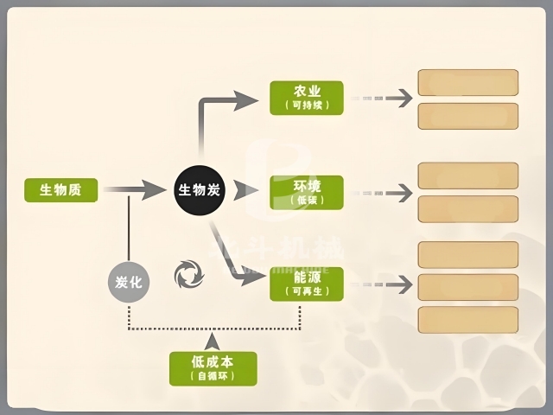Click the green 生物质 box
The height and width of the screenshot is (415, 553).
coord(60,189)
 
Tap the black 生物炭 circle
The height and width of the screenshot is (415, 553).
coord(200,189)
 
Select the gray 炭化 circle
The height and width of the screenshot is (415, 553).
coord(128,282)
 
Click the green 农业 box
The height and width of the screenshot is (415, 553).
coord(306,98)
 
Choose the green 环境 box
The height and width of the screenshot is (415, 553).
coord(306,192)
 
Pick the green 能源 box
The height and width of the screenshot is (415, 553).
coord(306,284)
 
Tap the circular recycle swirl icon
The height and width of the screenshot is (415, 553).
coord(189,275)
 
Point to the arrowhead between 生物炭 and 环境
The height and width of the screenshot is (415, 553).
coord(246,190)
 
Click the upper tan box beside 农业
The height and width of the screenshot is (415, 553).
coord(467,82)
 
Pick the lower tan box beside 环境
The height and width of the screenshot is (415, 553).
coord(467,208)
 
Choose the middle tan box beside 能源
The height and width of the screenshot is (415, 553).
coord(467,287)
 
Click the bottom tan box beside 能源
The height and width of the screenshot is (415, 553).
coord(467,319)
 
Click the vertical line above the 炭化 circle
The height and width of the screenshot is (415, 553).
coord(128,227)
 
